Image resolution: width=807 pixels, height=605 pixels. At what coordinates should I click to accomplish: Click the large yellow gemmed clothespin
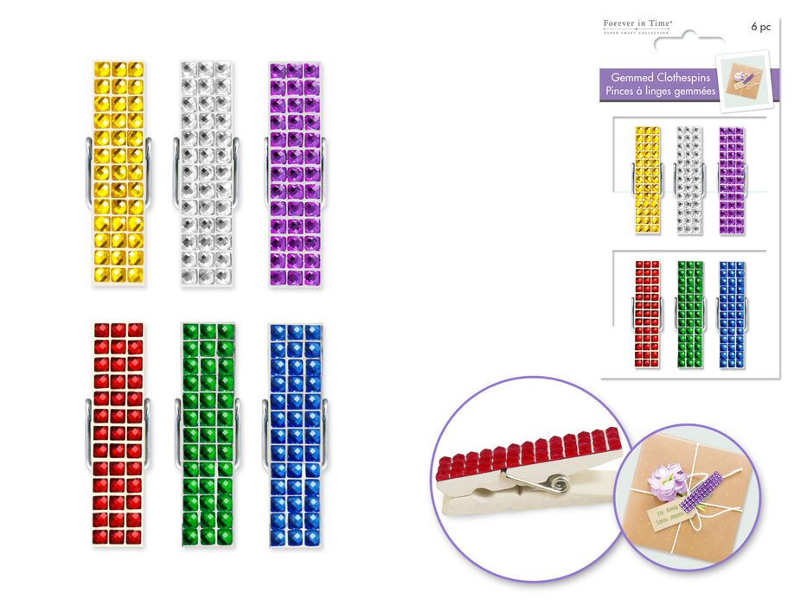pos(118,171)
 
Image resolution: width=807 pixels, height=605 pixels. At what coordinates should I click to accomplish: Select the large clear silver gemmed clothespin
pos(205,171)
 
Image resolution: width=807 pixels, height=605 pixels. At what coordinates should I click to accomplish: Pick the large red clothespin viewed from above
pos(118,434)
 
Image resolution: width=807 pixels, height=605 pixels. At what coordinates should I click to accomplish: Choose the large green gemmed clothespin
pos(208,434)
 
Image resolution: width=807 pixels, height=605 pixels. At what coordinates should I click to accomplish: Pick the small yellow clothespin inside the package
pos(647,176)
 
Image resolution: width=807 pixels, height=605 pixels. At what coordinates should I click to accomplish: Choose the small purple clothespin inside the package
pos(731,176)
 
